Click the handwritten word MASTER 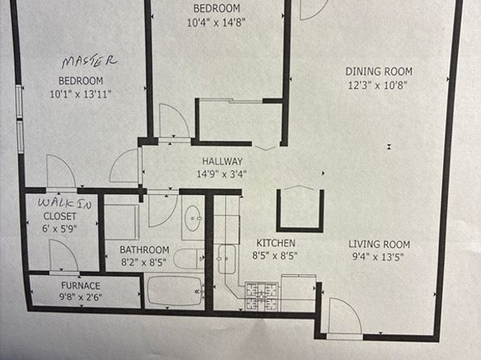(89, 61)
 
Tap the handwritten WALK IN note (65, 203)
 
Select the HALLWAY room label (223, 162)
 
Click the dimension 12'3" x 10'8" (377, 85)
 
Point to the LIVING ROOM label (379, 244)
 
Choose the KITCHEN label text (276, 243)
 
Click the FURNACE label (81, 286)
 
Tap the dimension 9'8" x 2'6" (81, 297)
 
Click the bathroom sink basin (193, 218)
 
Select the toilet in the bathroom (189, 259)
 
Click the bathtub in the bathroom (175, 291)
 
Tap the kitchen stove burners (262, 297)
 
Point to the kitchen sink (227, 259)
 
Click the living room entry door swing (344, 315)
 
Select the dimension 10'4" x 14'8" (216, 22)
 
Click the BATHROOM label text (144, 250)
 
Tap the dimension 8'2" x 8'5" (144, 262)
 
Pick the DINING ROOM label (379, 71)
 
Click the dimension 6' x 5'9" (59, 228)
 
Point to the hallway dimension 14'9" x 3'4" (222, 174)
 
